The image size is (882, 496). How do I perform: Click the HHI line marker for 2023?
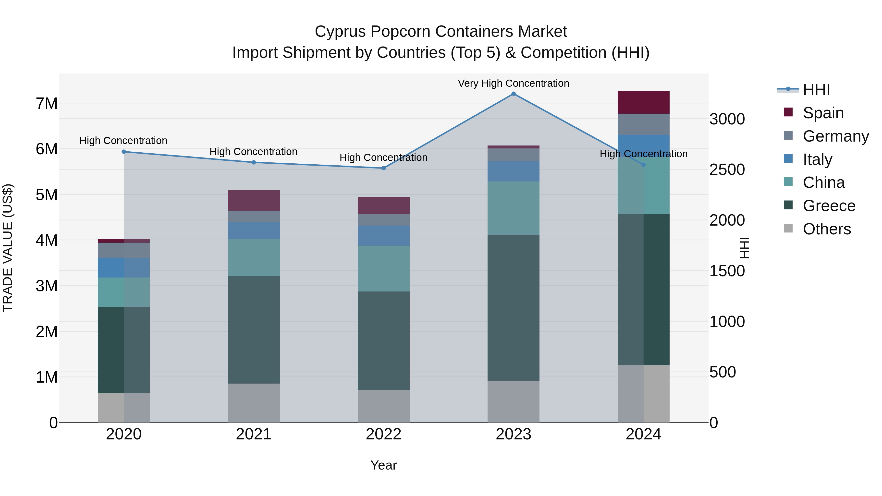click(x=513, y=94)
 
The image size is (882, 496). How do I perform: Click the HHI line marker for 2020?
click(x=124, y=152)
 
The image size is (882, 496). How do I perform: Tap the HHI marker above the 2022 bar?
click(x=383, y=168)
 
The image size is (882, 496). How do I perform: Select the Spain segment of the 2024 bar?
click(x=643, y=102)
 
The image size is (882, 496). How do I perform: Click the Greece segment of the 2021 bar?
click(x=254, y=330)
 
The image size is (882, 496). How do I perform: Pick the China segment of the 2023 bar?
click(x=513, y=208)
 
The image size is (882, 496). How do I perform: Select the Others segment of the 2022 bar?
click(x=383, y=406)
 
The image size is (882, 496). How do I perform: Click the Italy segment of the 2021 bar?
click(x=254, y=230)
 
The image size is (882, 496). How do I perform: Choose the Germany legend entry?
click(x=835, y=136)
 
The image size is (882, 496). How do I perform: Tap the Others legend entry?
click(x=827, y=229)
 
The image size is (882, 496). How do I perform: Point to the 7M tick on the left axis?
click(x=47, y=103)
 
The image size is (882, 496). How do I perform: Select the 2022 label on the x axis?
click(x=383, y=434)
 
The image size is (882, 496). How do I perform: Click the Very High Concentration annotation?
click(x=513, y=83)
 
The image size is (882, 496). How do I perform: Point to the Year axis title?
click(x=383, y=465)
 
